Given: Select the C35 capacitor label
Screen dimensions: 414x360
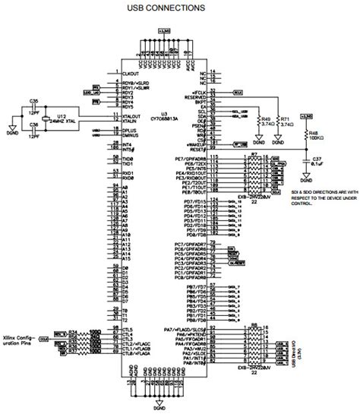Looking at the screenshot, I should tap(34, 100).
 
